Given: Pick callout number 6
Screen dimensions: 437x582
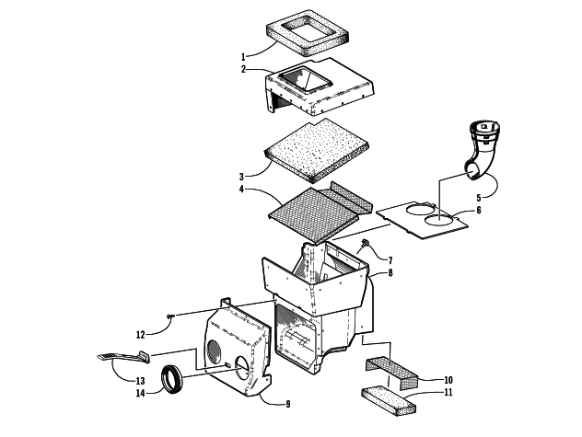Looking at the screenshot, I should pyautogui.click(x=477, y=211).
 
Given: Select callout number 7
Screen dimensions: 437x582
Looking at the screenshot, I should pyautogui.click(x=389, y=260).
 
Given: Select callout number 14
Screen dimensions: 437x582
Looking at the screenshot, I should pyautogui.click(x=140, y=394).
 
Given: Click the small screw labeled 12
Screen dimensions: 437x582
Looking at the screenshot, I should pyautogui.click(x=171, y=317).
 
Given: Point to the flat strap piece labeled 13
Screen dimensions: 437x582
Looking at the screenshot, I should pyautogui.click(x=120, y=356).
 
